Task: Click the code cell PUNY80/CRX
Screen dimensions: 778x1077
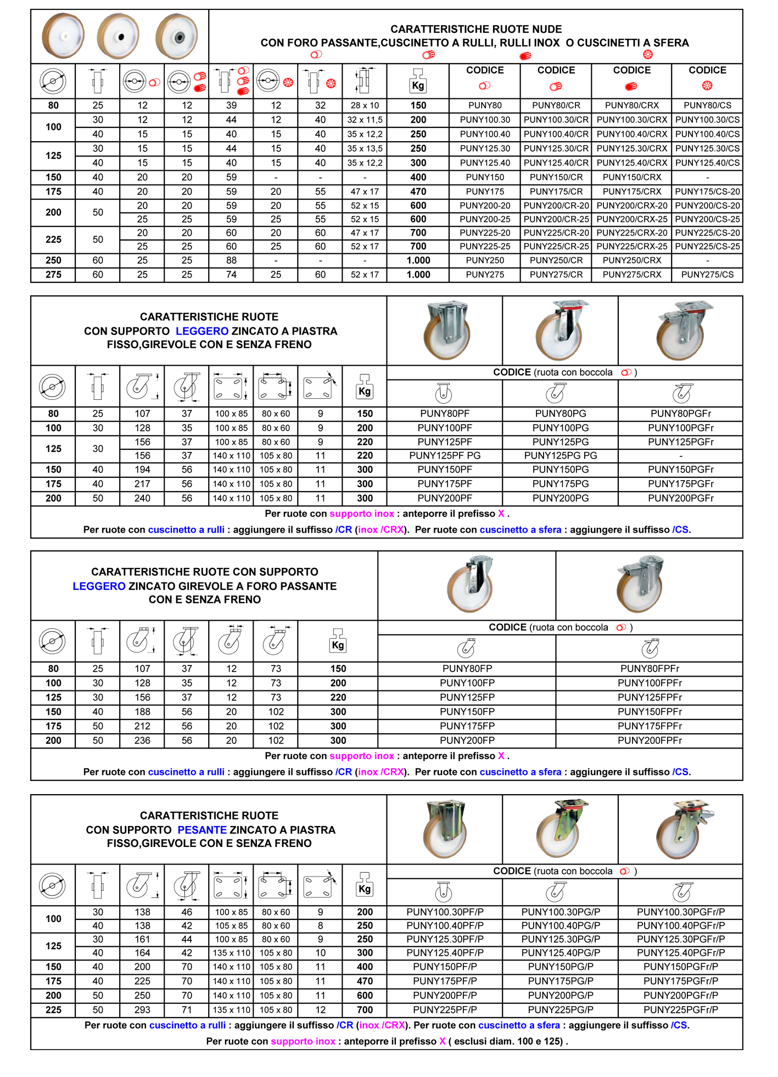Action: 631,105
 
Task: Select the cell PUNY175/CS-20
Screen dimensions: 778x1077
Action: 707,192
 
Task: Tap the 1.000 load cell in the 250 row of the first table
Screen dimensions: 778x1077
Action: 418,260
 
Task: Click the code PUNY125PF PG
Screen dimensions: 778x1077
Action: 445,455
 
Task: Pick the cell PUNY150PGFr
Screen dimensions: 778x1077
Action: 681,470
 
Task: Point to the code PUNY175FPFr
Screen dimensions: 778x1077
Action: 650,726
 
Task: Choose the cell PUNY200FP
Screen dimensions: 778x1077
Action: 467,740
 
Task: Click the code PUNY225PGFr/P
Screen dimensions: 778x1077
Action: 681,1009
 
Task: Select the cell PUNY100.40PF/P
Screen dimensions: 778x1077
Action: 445,925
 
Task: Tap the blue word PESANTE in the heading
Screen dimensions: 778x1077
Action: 202,830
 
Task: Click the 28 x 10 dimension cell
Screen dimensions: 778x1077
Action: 365,105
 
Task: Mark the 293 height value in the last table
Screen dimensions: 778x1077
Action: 142,1009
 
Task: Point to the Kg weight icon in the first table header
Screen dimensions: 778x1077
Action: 418,81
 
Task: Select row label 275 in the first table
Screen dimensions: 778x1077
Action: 53,275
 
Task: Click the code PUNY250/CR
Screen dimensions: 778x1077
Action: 556,260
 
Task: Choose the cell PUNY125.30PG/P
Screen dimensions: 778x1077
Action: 561,939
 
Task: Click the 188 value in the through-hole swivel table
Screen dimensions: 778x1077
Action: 142,712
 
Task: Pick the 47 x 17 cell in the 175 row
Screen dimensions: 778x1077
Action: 365,192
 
